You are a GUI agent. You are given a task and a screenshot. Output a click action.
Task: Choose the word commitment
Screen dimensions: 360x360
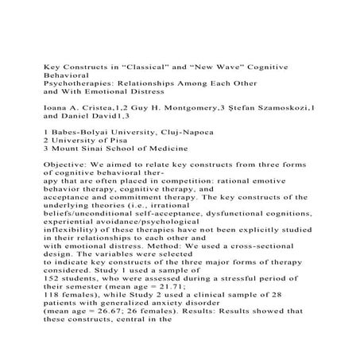126,208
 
